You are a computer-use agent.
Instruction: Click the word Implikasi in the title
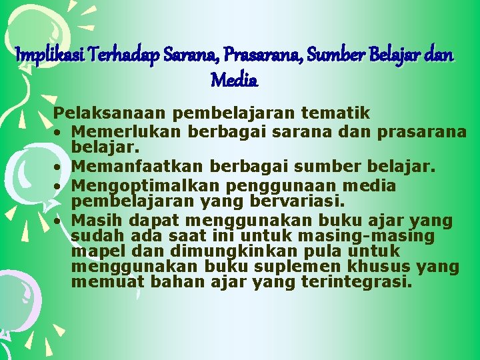[43, 55]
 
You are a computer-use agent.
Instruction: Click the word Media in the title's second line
[234, 81]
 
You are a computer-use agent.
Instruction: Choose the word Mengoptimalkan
[142, 185]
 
